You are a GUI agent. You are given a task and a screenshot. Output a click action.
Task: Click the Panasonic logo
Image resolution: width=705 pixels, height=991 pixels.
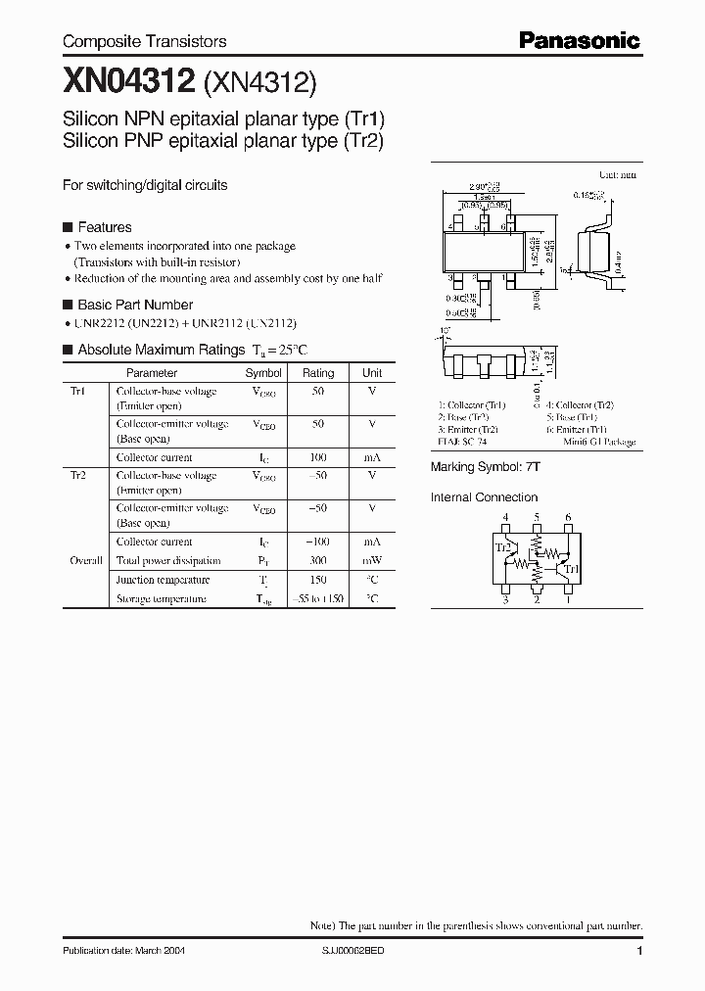click(579, 40)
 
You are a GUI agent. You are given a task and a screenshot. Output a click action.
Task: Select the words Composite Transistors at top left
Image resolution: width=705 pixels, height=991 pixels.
click(144, 41)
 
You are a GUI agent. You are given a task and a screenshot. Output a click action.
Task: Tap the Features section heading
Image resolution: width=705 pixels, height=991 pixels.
click(104, 227)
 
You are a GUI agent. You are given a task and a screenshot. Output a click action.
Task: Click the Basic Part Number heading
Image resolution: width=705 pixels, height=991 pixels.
click(134, 305)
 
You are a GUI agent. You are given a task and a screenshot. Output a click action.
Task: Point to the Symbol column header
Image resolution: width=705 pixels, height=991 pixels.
click(263, 373)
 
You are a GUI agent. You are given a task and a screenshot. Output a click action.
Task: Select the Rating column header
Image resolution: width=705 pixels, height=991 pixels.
click(318, 373)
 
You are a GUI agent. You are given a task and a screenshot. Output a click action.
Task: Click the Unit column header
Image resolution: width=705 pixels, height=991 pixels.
click(372, 373)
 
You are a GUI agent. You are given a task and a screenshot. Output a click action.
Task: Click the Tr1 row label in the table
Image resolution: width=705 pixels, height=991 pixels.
click(77, 391)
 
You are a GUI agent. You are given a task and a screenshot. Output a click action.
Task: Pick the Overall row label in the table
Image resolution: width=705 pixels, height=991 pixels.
click(85, 561)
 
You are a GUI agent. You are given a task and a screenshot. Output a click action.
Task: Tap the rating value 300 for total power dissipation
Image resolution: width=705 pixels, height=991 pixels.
click(318, 561)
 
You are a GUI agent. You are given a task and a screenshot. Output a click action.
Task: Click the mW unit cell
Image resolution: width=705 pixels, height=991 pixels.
click(372, 561)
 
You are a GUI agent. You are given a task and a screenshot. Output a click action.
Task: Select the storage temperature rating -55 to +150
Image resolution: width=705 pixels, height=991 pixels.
click(318, 598)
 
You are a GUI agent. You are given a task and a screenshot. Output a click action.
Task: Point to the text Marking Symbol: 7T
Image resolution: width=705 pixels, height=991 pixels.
click(486, 468)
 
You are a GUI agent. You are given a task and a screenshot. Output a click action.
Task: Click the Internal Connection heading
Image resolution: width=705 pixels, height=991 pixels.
click(484, 497)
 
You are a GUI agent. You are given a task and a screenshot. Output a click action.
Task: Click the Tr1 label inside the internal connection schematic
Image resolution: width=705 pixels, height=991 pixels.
click(572, 568)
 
